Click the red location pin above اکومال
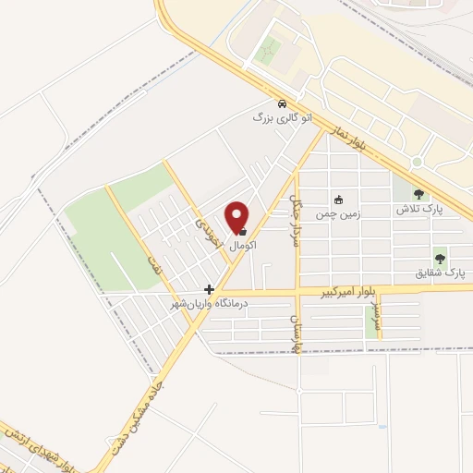point(237,216)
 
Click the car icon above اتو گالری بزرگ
point(281,103)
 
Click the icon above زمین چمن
point(339,199)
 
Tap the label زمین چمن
point(339,212)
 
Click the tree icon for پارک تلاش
point(419,195)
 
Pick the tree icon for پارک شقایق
point(440,259)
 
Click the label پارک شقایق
point(440,273)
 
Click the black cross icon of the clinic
point(210,289)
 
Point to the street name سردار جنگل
point(296,212)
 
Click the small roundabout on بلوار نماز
point(417,162)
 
